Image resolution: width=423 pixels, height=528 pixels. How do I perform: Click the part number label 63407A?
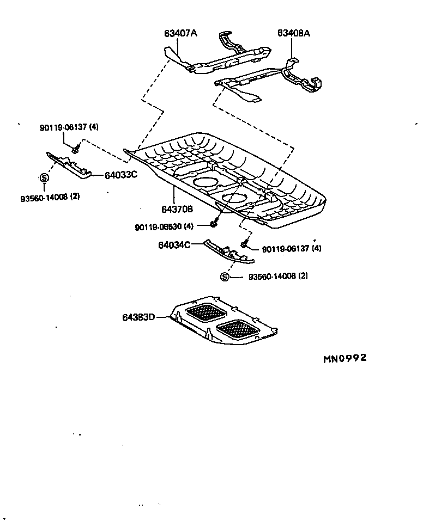point(180,33)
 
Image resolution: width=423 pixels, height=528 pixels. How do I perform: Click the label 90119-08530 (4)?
point(164,226)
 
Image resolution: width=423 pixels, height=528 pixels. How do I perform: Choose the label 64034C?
point(174,245)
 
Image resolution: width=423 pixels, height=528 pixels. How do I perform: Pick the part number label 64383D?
point(138,316)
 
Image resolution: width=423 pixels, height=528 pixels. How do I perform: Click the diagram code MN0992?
point(345,358)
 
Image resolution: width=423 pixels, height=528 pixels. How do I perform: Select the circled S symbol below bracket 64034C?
point(225,277)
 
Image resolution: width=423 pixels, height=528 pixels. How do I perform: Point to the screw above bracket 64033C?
point(77,146)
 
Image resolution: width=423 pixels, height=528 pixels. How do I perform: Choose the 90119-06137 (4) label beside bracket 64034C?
point(292,249)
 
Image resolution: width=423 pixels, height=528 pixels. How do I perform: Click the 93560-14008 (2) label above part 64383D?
point(278,277)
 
